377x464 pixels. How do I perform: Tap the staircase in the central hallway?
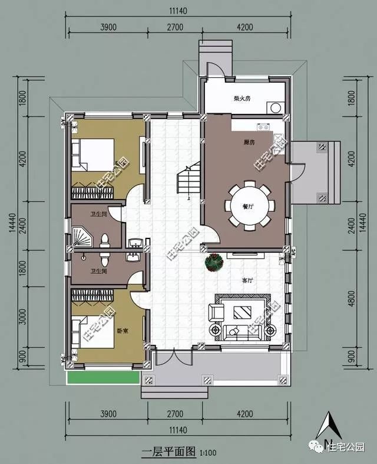[x=188, y=184]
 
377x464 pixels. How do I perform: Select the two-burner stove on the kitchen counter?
[x=262, y=126]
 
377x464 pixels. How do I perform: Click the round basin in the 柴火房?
[x=274, y=107]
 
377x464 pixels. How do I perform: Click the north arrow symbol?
[x=330, y=428]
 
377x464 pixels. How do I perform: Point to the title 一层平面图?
[x=168, y=453]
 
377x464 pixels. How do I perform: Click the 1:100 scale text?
[x=207, y=454]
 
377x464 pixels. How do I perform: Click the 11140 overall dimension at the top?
[x=178, y=10]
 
